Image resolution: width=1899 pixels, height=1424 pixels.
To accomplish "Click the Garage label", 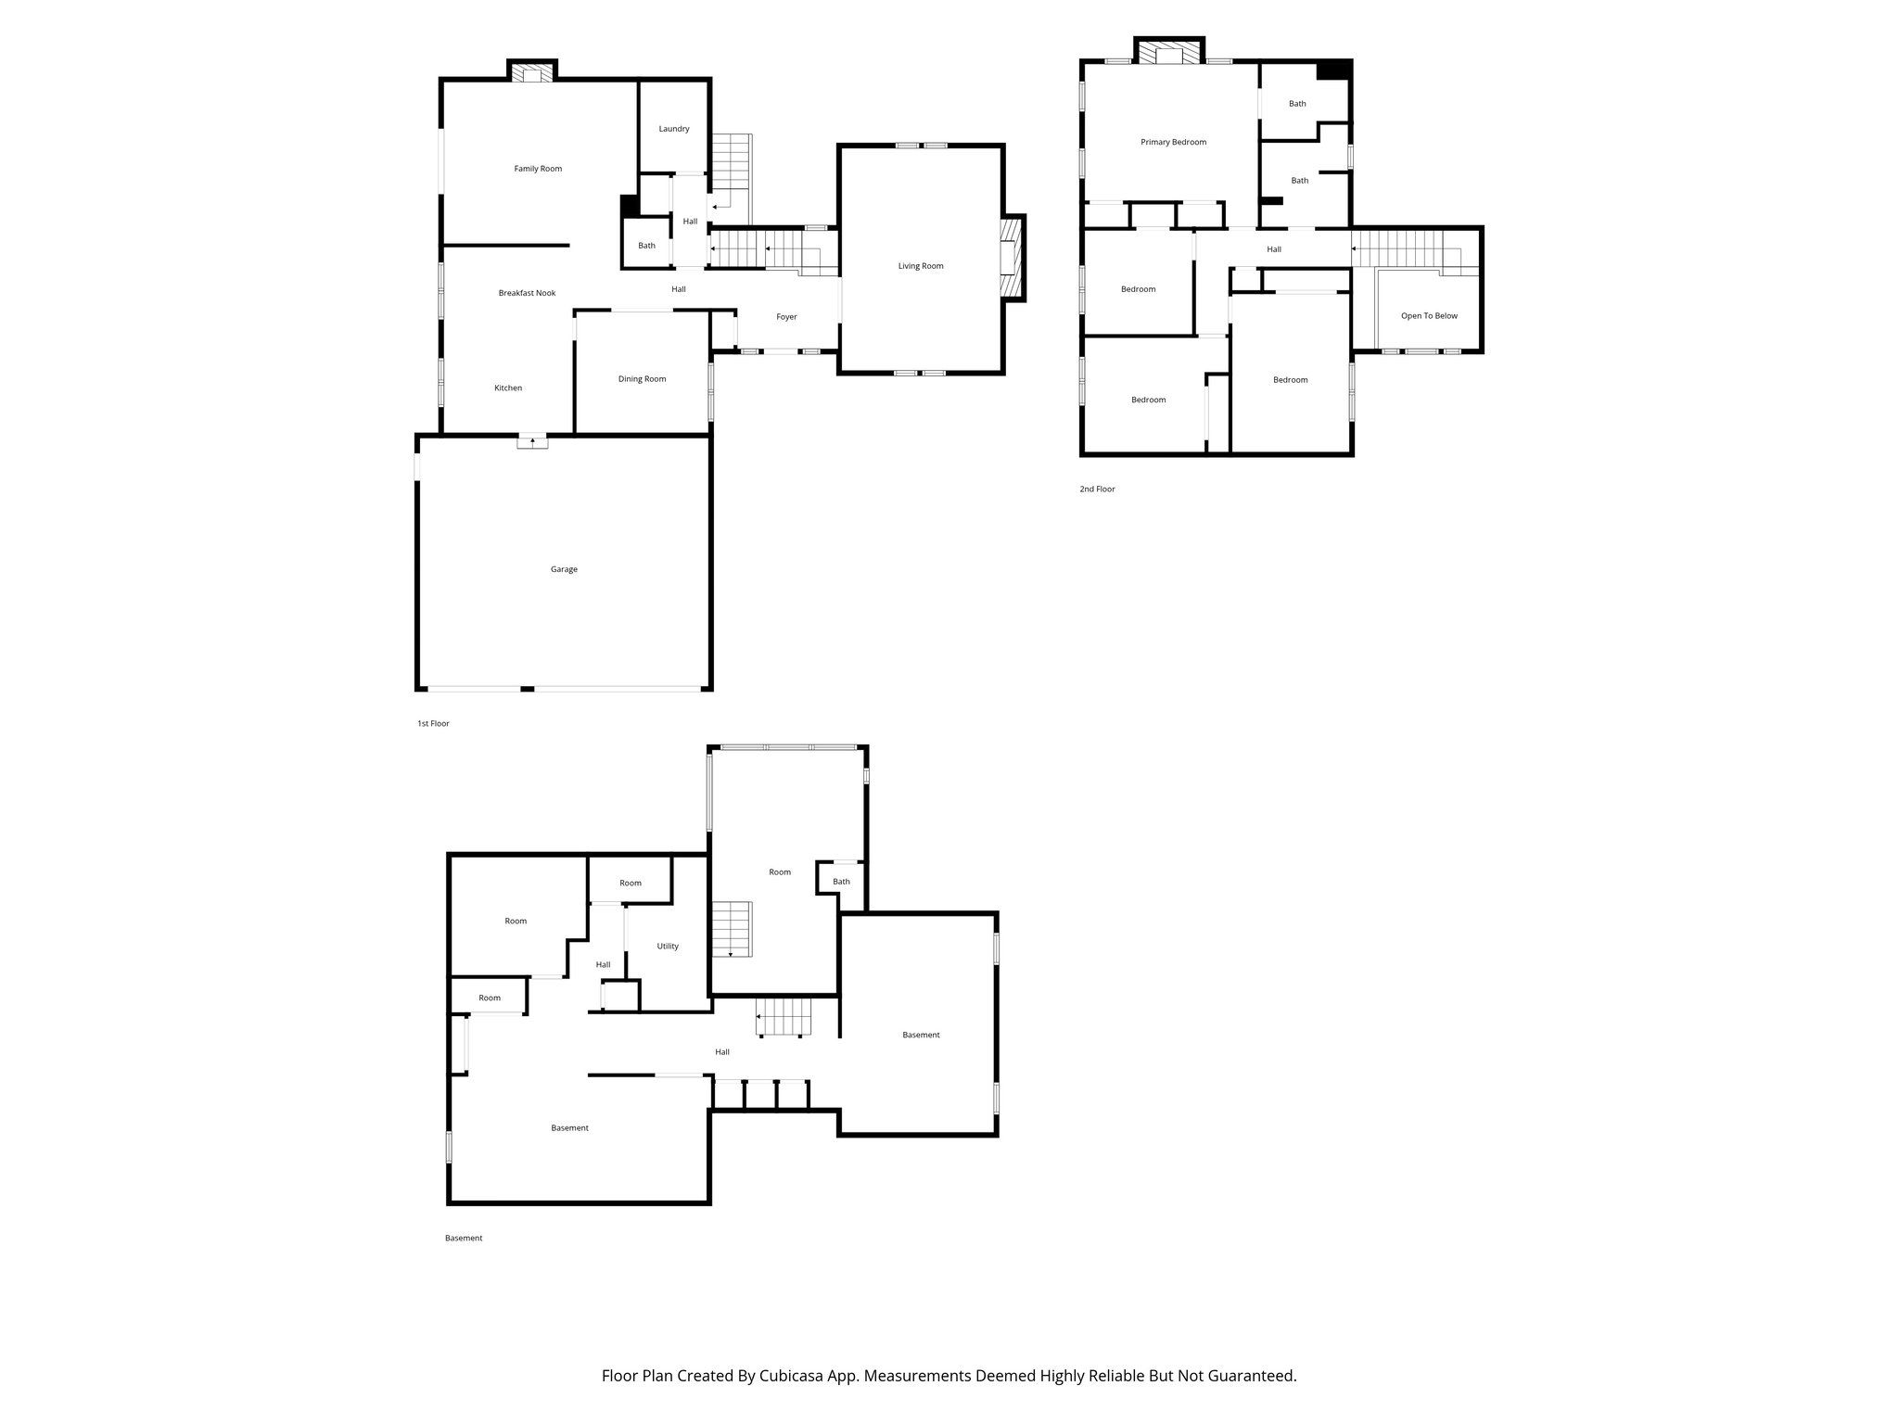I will point(564,569).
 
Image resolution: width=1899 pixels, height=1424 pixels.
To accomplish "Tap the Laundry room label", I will point(674,129).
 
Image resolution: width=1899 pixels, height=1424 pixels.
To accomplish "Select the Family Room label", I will point(538,169).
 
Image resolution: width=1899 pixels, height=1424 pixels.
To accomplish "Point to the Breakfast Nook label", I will point(527,293).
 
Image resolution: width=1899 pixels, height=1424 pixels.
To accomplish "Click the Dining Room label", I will point(642,379).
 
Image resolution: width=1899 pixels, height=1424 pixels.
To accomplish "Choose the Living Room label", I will point(920,266).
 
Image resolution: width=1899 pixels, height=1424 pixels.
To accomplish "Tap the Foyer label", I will point(786,317).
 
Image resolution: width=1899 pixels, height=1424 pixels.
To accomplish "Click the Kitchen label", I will point(508,388).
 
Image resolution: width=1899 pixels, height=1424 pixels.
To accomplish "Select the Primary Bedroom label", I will point(1173,142).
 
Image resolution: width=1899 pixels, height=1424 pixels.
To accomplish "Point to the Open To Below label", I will point(1429,316).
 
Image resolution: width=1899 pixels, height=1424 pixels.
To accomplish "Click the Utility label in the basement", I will point(668,947).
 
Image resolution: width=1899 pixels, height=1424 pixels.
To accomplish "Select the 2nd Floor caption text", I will point(1097,489).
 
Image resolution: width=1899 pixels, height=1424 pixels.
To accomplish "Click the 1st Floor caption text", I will point(433,723).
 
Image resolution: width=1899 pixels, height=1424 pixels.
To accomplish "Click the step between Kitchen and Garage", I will point(532,442).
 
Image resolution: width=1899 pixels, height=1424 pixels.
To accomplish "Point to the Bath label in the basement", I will point(841,882).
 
